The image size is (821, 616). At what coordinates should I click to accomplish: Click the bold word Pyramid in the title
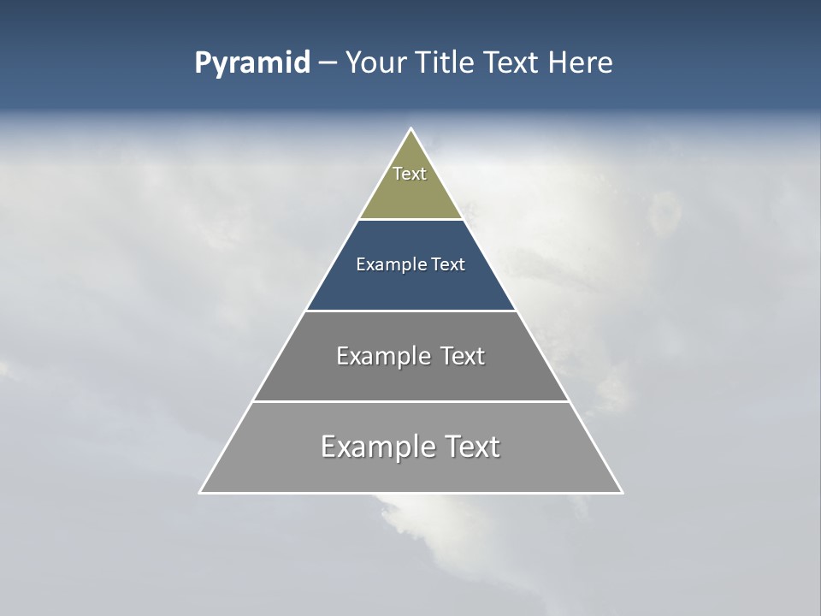(x=252, y=63)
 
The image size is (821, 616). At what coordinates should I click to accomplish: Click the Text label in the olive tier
(x=410, y=174)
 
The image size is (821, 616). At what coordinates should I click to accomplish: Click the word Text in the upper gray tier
(x=463, y=356)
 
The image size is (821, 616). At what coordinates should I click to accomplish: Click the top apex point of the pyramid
(x=411, y=129)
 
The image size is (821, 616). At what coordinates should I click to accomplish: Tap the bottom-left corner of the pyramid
(x=201, y=492)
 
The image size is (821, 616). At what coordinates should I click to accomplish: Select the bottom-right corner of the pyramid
(x=622, y=492)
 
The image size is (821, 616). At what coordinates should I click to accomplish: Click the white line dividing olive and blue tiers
(x=410, y=220)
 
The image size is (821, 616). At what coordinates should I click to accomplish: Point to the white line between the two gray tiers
(x=410, y=401)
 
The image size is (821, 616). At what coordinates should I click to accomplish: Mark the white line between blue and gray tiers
(x=410, y=311)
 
